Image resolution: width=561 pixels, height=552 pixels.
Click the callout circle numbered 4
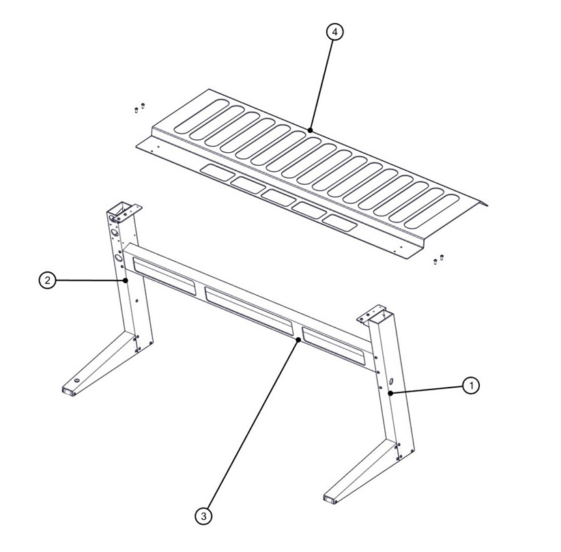point(333,33)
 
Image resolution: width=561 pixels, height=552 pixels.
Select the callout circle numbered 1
point(470,386)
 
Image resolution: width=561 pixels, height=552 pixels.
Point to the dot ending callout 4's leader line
point(310,130)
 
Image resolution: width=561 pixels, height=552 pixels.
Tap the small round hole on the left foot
point(77,379)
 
